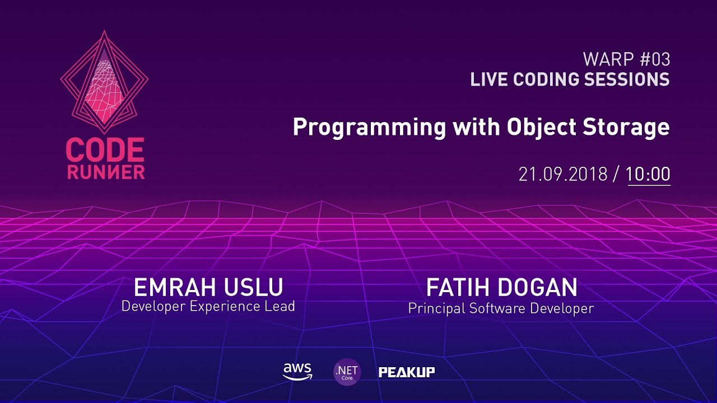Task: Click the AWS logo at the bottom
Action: click(297, 372)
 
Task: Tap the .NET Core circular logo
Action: click(347, 372)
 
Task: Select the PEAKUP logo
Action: click(407, 372)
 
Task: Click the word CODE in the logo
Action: click(105, 151)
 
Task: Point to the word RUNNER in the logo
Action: click(106, 172)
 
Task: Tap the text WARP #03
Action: click(626, 59)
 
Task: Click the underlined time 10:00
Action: click(648, 174)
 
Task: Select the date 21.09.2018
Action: click(562, 174)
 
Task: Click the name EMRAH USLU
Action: click(208, 288)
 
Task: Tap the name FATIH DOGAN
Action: click(501, 288)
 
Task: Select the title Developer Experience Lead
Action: click(208, 307)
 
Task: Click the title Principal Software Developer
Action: click(501, 308)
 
